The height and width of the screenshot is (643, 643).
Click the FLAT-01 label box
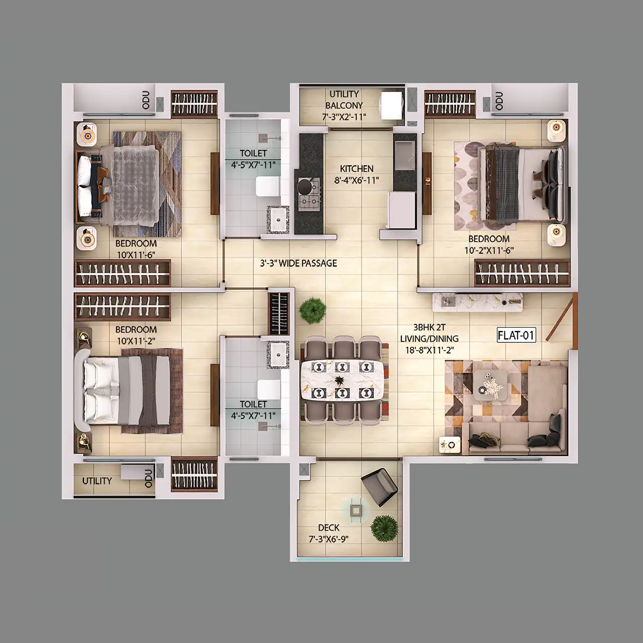pos(516,336)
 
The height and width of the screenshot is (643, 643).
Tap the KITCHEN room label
pos(357,168)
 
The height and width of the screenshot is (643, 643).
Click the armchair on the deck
pos(380,486)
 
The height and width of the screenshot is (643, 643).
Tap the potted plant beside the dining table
pos(312,310)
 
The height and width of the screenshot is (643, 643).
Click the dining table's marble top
pos(341,381)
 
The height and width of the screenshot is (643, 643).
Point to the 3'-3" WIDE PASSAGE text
pos(298,263)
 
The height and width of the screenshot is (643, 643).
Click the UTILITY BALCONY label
pos(344,100)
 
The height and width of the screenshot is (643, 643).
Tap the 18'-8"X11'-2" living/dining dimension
pos(429,350)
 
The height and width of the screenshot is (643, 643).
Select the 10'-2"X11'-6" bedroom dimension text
pos(489,250)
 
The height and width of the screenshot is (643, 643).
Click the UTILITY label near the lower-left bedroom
pos(97,481)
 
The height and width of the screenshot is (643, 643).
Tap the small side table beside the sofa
pos(450,445)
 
